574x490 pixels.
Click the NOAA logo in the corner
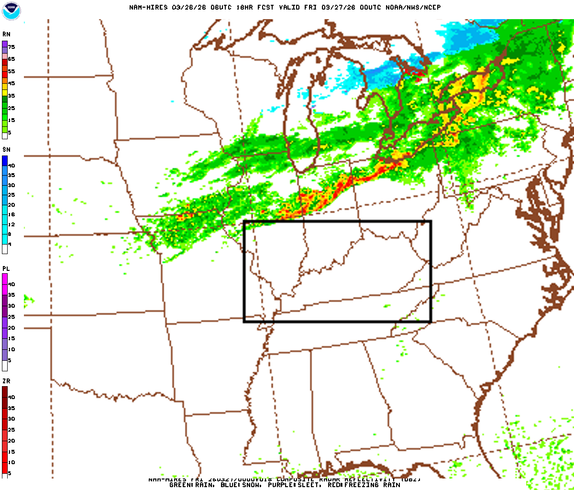[11, 11]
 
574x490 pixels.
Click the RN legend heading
[6, 34]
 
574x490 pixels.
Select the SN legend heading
[6, 150]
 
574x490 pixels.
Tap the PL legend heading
[6, 268]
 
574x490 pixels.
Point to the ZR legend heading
[6, 381]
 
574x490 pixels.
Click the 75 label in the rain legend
[11, 47]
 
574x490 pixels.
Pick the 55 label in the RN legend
[11, 71]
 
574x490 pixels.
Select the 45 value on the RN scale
[11, 83]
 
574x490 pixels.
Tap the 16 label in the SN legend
[11, 215]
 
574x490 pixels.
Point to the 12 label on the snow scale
[11, 224]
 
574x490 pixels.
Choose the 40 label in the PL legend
[11, 284]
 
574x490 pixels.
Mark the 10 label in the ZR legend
[11, 462]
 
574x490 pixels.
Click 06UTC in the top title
[207, 7]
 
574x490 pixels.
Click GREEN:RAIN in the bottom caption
[190, 485]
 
